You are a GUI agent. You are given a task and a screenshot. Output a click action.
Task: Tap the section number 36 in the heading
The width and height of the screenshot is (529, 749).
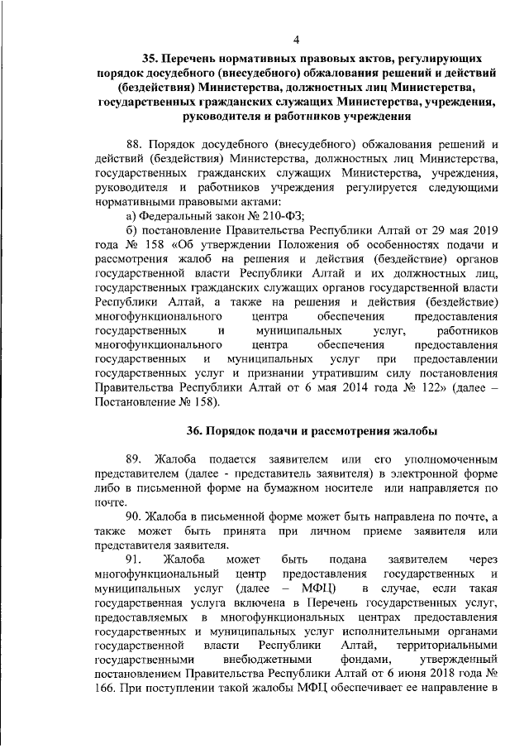(x=194, y=430)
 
